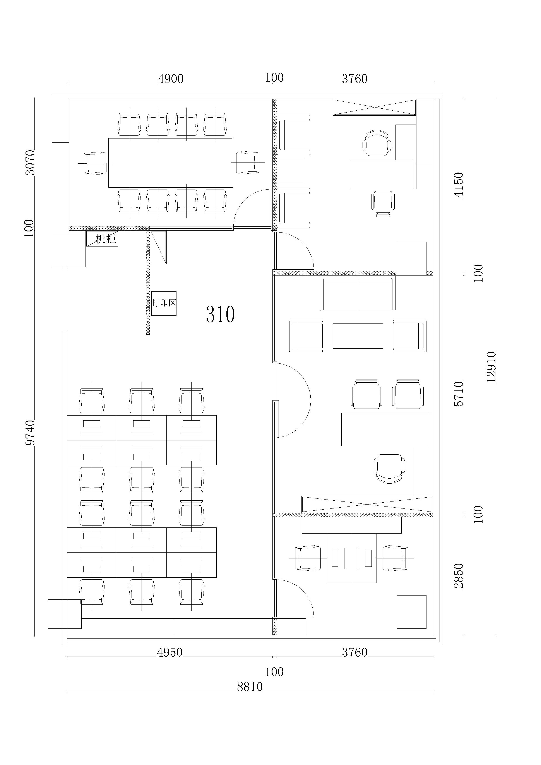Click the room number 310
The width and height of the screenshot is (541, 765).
coord(221,314)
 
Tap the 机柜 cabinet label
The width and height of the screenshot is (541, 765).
coord(106,239)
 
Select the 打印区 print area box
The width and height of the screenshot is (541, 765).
coord(164,303)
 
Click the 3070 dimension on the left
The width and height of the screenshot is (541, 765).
coord(30,162)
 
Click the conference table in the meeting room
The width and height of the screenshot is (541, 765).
coord(171,163)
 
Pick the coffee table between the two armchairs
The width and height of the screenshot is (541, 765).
coord(358,336)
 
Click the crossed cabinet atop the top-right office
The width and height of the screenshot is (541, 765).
coord(375,107)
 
